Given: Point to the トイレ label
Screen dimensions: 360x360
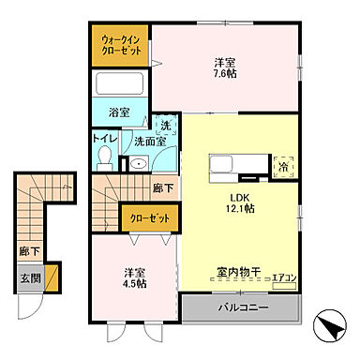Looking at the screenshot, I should click(x=103, y=139).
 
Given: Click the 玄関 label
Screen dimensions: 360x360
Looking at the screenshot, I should click(x=28, y=278).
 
